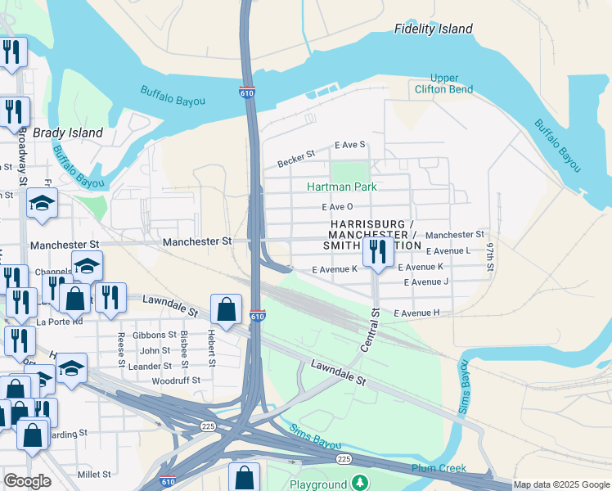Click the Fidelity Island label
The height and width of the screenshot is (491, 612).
click(x=433, y=29)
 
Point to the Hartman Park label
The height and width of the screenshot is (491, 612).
click(x=341, y=187)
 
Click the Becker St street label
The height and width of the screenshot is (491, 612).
click(x=296, y=157)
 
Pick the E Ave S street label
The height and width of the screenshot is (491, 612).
click(x=349, y=145)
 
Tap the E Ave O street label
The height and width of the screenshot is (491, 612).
click(x=337, y=207)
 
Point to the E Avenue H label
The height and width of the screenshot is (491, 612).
click(x=416, y=313)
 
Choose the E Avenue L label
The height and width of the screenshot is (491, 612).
click(x=448, y=251)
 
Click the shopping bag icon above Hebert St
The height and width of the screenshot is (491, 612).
click(x=226, y=311)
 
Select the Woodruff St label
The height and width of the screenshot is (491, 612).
click(x=176, y=381)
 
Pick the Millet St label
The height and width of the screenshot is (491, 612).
click(x=94, y=474)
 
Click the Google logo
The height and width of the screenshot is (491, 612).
click(x=27, y=481)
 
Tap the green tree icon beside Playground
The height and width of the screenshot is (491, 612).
click(x=358, y=484)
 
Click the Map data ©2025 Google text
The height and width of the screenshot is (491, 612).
click(x=561, y=484)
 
